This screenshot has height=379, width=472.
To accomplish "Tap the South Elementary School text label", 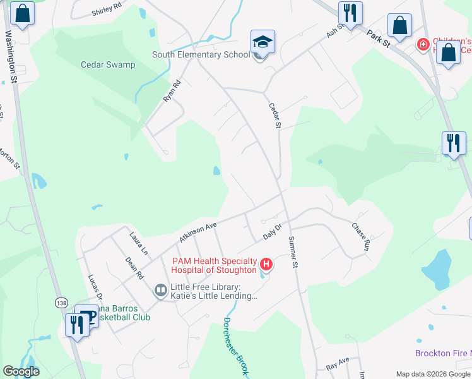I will [201, 55].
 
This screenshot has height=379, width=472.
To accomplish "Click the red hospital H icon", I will [266, 264].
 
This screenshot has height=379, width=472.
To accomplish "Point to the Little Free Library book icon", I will [160, 291].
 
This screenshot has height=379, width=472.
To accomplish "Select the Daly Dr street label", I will [272, 234].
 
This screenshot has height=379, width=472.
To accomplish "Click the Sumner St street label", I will [292, 252].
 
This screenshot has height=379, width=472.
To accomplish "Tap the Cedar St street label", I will [274, 116].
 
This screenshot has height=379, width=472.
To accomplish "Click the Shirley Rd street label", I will [106, 9].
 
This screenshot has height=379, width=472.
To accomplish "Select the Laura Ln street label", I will [138, 244].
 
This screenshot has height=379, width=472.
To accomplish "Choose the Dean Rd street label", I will [134, 268].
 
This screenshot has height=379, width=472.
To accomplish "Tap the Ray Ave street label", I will [338, 364].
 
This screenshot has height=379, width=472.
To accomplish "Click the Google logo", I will [21, 371].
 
